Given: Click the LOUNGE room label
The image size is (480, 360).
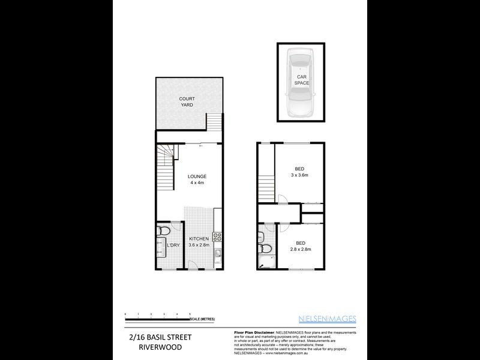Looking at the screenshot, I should point(197,176).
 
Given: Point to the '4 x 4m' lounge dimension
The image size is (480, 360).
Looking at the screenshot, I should point(197,183).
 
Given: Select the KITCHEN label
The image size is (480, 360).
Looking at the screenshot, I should point(199,239).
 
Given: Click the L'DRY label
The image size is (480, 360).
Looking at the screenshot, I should point(173,245).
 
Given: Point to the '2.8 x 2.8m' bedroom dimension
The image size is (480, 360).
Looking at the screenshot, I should point(301,249).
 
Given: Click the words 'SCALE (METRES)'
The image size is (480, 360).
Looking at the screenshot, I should point(203,319).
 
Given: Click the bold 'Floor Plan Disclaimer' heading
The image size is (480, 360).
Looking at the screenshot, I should point(251,332).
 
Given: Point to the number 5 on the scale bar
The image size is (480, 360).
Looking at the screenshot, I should point(190,313).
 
